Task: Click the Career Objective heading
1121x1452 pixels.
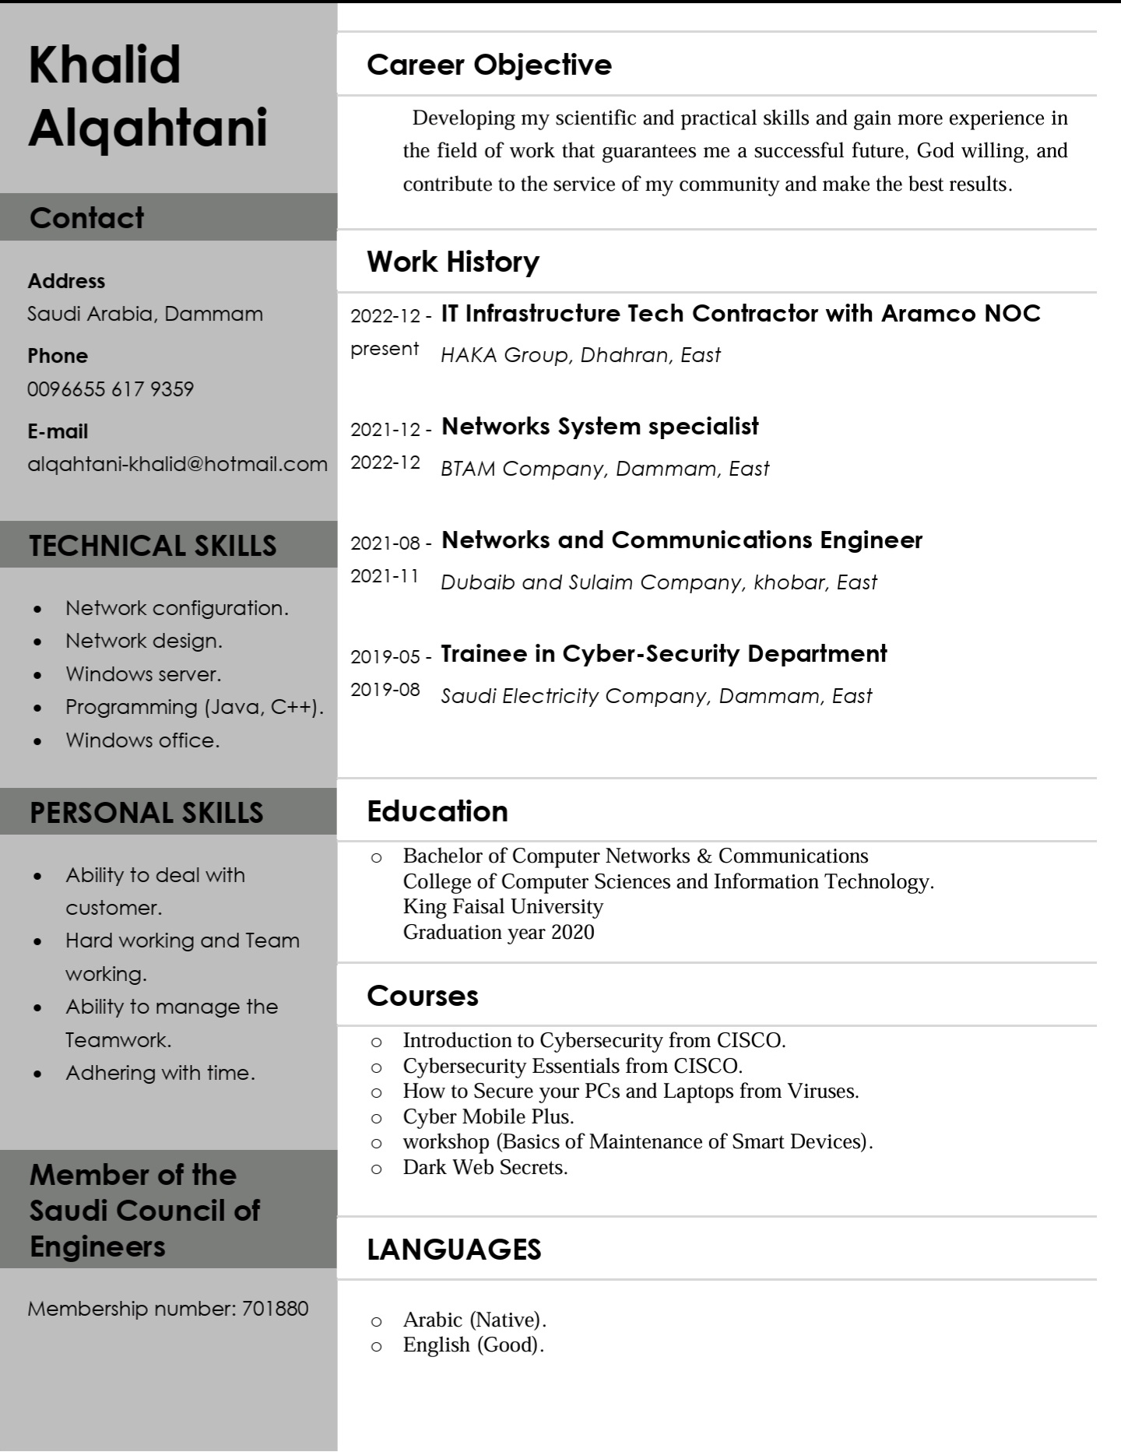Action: [489, 65]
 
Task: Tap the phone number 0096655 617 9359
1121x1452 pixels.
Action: [111, 389]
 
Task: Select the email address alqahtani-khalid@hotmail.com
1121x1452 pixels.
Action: [177, 465]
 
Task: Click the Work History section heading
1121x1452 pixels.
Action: [453, 262]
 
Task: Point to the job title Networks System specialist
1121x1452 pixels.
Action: [599, 427]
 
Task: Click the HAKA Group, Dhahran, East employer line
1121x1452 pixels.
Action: [580, 355]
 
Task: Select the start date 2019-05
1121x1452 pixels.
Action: [385, 657]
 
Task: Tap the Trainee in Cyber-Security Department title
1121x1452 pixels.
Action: [663, 654]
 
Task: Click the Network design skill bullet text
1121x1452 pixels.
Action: [144, 641]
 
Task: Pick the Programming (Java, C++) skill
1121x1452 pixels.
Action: [194, 707]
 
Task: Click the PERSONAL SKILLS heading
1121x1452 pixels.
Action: [146, 813]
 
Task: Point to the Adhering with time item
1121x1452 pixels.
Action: [160, 1073]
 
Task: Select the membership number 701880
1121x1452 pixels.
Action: [275, 1309]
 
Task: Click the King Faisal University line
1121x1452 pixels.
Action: [503, 907]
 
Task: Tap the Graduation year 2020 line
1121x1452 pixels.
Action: [498, 932]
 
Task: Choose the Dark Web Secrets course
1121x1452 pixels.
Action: [485, 1167]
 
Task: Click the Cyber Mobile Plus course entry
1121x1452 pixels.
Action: [488, 1116]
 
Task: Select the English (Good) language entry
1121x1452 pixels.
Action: [473, 1345]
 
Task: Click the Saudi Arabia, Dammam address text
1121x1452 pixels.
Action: [145, 314]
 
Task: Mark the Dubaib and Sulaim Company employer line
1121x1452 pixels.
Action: [659, 582]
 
